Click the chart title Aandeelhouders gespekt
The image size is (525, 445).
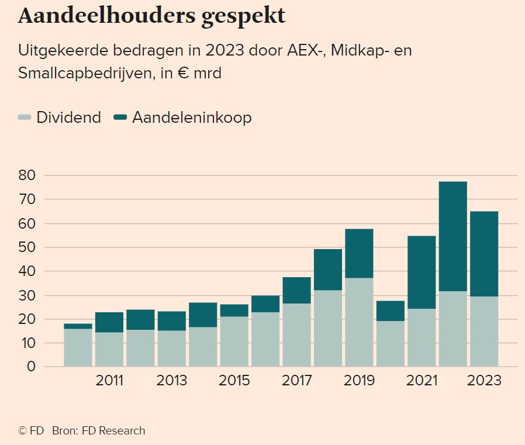pyautogui.click(x=152, y=16)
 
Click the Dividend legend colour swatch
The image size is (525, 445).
pyautogui.click(x=25, y=118)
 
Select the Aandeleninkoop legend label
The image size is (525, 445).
pyautogui.click(x=192, y=118)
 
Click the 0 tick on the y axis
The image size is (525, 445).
pyautogui.click(x=32, y=367)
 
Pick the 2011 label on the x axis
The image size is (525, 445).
pyautogui.click(x=109, y=381)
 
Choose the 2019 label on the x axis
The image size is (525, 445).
pyautogui.click(x=359, y=381)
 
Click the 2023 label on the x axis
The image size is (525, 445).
pyautogui.click(x=483, y=381)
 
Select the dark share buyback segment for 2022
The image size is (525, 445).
pyautogui.click(x=453, y=236)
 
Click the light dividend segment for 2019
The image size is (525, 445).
pyautogui.click(x=359, y=322)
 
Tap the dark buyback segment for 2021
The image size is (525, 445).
pyautogui.click(x=422, y=272)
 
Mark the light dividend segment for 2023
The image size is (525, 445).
pyautogui.click(x=483, y=332)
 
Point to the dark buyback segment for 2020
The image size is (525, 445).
pyautogui.click(x=390, y=311)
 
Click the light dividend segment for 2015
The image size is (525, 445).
pyautogui.click(x=234, y=341)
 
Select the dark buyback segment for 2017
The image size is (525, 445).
pyautogui.click(x=296, y=290)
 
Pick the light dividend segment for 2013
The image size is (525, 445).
pyautogui.click(x=172, y=349)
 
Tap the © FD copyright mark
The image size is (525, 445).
pyautogui.click(x=31, y=431)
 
